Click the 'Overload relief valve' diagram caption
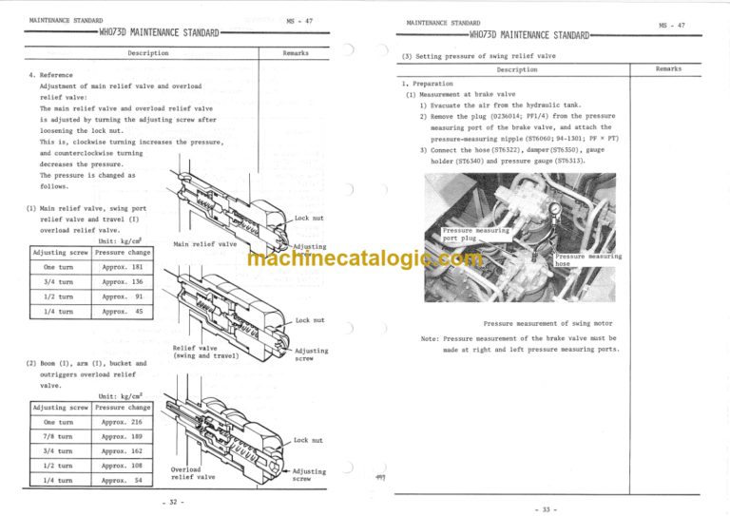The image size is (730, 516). [x=193, y=472]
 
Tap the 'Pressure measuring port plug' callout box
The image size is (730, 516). [x=476, y=234]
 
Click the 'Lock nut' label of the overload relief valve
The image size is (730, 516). [x=309, y=440]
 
